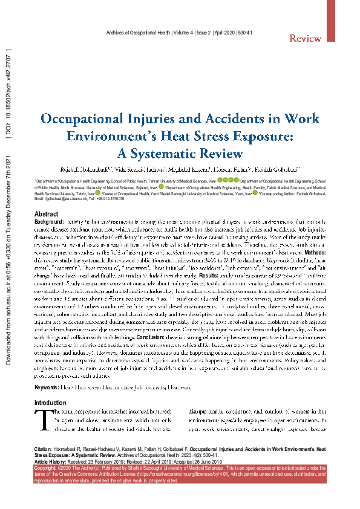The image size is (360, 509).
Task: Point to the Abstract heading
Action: pyautogui.click(x=47, y=215)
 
